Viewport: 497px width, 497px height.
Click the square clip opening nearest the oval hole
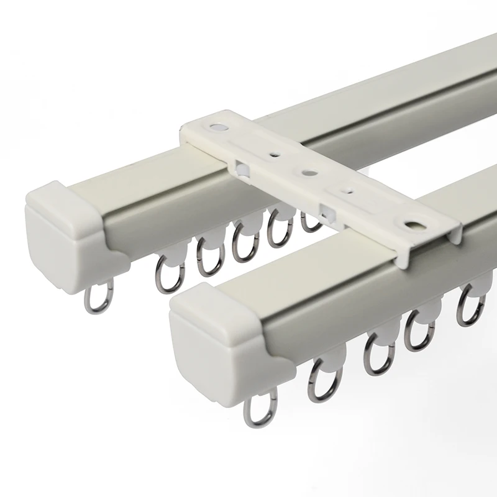tap(324, 210)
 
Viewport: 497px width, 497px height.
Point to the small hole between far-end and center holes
tap(272, 152)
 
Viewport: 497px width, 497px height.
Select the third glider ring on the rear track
tap(243, 244)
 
